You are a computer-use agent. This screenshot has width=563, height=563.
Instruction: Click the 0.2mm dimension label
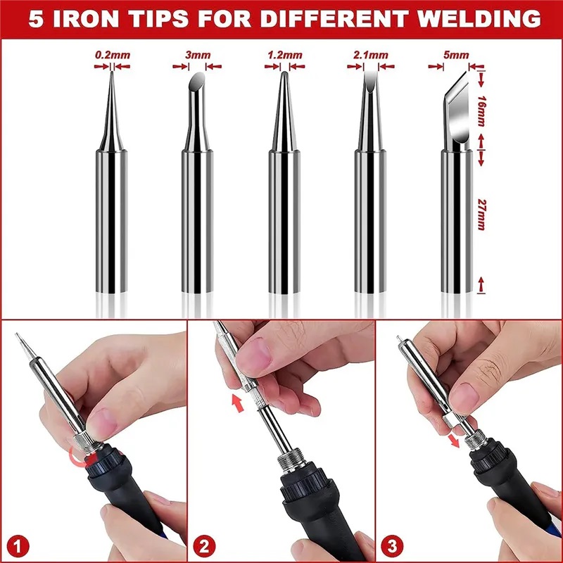point(113,56)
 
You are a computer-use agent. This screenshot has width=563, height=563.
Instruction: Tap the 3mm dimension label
point(198,55)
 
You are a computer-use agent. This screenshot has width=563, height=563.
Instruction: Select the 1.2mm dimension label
point(285,55)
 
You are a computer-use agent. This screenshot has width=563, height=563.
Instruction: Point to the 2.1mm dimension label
point(371,55)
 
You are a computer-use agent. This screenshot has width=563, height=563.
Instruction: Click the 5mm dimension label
point(456,55)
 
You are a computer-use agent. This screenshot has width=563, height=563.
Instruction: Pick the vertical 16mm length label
point(481,111)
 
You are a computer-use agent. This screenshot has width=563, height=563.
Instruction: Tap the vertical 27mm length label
point(481,215)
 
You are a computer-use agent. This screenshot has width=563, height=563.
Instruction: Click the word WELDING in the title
point(479,18)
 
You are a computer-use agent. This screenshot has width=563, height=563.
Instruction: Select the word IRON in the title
point(86,18)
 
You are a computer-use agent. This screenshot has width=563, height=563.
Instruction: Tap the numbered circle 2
point(204,547)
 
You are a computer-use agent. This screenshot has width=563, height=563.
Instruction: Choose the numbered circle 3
point(392,546)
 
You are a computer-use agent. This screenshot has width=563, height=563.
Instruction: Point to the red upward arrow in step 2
point(237,403)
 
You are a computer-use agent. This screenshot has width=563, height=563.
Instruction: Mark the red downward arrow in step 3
point(454,441)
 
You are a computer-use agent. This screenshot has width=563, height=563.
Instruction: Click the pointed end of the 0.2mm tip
point(112,72)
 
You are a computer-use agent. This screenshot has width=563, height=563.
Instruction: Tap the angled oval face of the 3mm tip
point(197,81)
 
